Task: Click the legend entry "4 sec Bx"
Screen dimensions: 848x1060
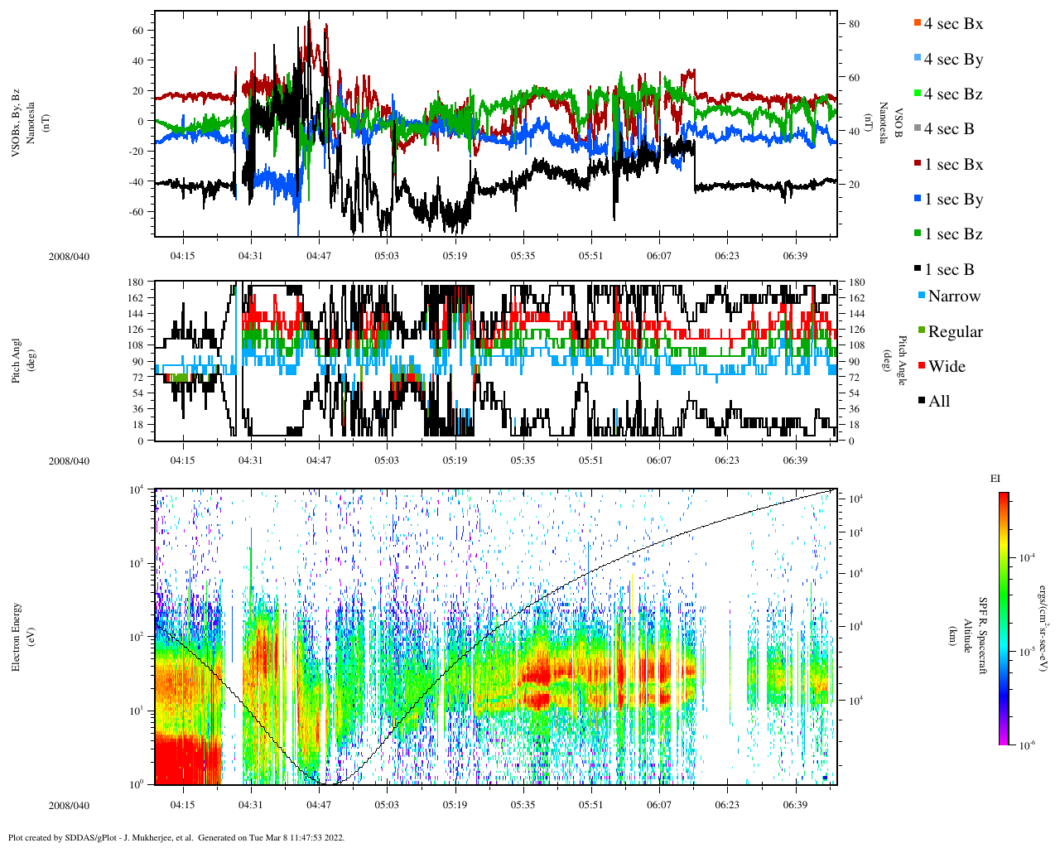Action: [x=952, y=24]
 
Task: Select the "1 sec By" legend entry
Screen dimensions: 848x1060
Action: [x=953, y=200]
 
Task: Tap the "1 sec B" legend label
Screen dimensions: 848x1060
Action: [x=949, y=270]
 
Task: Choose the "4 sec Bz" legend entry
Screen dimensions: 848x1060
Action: [x=952, y=94]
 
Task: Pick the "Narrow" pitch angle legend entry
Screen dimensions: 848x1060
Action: [x=953, y=296]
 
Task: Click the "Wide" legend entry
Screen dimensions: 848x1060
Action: [x=946, y=367]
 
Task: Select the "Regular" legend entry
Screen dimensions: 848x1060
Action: [x=955, y=332]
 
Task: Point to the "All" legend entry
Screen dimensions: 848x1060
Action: [x=938, y=402]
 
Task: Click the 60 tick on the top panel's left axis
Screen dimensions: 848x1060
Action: [x=137, y=30]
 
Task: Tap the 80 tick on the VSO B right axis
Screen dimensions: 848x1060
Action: [x=854, y=24]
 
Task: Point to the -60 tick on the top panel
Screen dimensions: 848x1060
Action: [x=135, y=211]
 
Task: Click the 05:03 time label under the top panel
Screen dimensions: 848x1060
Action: [x=386, y=256]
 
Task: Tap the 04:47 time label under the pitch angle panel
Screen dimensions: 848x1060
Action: [x=318, y=460]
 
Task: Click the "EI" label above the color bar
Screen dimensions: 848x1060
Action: [x=995, y=479]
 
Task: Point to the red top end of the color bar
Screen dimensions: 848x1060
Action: [x=1003, y=497]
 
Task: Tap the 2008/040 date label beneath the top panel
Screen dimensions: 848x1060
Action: [x=69, y=256]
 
